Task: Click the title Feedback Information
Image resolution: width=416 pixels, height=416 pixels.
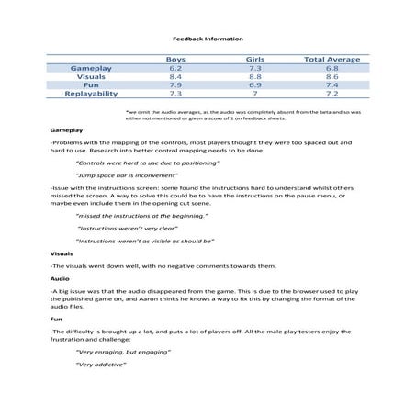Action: pyautogui.click(x=208, y=39)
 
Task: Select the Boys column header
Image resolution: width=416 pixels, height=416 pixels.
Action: pyautogui.click(x=175, y=59)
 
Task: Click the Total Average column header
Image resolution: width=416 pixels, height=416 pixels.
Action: pyautogui.click(x=332, y=59)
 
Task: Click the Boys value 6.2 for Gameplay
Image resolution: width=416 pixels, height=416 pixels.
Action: pyautogui.click(x=175, y=68)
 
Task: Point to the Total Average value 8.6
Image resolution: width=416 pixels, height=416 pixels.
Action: pyautogui.click(x=332, y=76)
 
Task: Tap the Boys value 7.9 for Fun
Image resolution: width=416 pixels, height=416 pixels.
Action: pyautogui.click(x=175, y=84)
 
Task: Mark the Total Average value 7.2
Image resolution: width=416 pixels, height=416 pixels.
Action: pyautogui.click(x=332, y=93)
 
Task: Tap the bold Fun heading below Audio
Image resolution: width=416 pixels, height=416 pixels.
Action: pyautogui.click(x=56, y=319)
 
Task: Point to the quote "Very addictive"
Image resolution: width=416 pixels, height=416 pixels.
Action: pyautogui.click(x=101, y=365)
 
